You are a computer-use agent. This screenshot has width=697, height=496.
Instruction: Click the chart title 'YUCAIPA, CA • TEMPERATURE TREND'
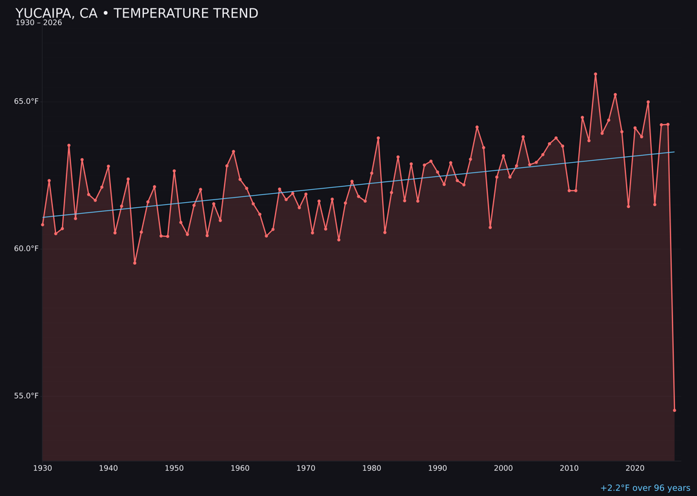137,14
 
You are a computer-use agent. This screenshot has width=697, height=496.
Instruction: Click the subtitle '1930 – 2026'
39,23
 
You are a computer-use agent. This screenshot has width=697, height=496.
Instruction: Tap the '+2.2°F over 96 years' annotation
645,488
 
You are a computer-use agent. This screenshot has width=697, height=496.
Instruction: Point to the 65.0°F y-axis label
26,101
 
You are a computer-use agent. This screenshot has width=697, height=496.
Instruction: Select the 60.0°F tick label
26,249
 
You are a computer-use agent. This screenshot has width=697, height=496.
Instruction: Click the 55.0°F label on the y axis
26,396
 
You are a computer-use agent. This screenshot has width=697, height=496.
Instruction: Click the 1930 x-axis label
43,468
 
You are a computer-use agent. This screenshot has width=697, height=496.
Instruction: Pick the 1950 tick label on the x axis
174,468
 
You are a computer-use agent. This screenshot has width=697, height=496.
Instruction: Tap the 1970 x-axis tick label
306,468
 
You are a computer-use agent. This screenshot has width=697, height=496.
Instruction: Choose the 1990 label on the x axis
438,468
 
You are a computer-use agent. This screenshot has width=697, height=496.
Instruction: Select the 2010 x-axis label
569,468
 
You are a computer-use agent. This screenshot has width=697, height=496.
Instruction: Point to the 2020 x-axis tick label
635,468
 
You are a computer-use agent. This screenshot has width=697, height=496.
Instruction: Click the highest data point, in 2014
596,74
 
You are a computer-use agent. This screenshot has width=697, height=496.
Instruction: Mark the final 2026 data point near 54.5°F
674,410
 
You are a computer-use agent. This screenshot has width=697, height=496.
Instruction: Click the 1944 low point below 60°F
135,263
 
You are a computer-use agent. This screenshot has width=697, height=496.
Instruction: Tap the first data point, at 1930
43,225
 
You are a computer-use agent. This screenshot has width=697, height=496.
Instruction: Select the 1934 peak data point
69,145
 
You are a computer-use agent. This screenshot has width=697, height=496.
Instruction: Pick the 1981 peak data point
378,138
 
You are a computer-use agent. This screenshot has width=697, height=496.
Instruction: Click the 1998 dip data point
490,227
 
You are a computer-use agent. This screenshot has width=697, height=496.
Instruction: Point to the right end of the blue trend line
674,152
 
